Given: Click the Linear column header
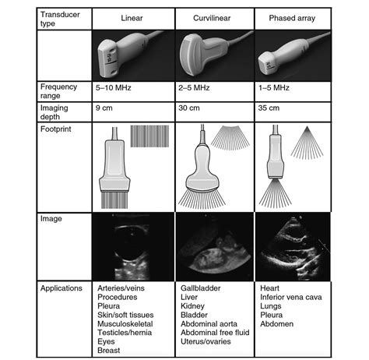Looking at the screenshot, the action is pos(132,18).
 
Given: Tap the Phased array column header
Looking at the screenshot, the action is pos(292,18).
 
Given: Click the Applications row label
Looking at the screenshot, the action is pos(61,288).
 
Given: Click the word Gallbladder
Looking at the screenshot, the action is pos(199,288).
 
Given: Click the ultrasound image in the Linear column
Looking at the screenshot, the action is pos(132,245).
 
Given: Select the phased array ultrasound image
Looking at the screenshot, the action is pos(292,245).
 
